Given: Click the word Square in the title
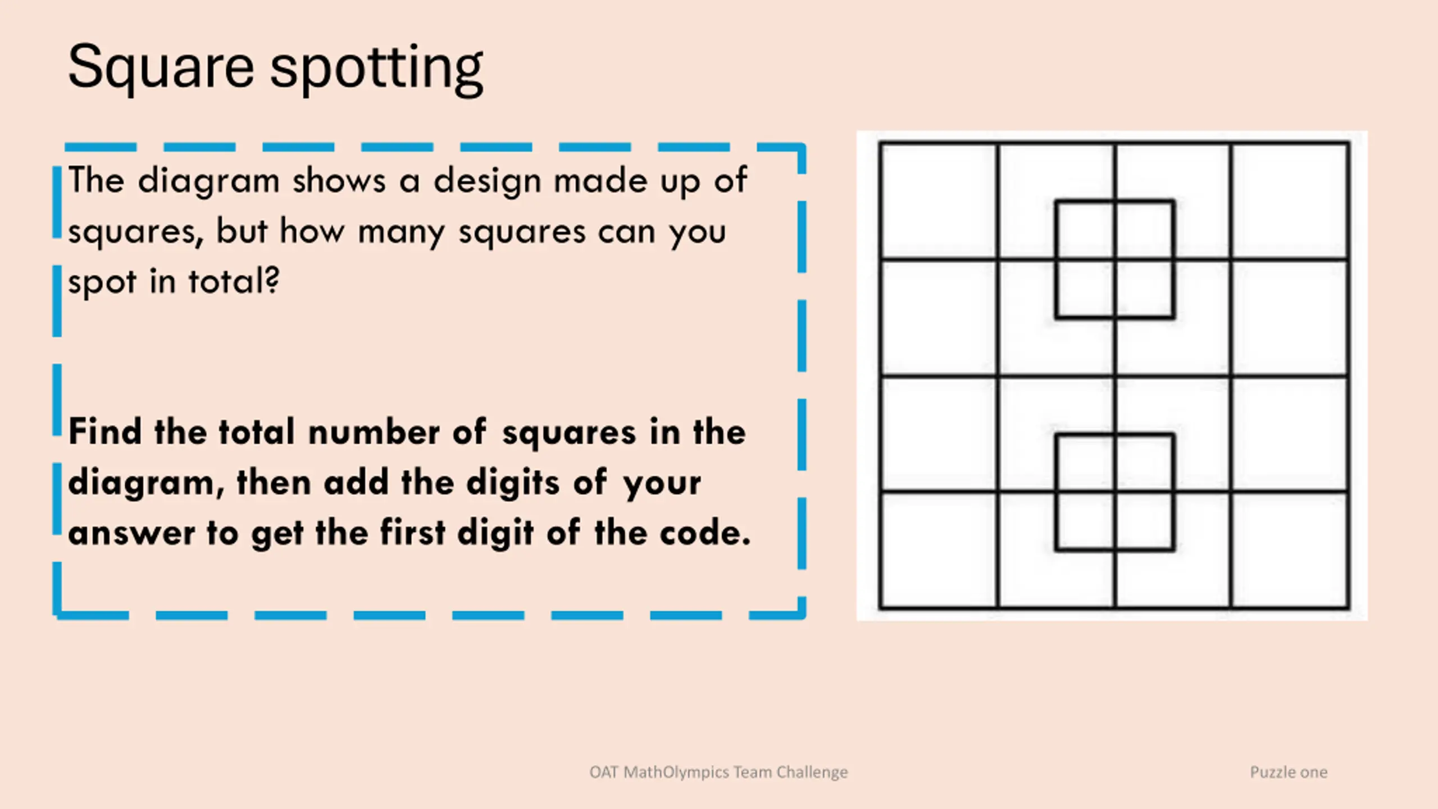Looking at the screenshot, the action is [x=161, y=68].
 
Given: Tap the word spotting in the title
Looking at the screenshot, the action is [x=376, y=69].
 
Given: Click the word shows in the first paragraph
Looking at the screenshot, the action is [x=339, y=181].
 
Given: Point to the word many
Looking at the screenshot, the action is [x=402, y=232].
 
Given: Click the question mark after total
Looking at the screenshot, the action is [x=272, y=279].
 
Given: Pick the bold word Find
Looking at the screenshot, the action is [x=105, y=431].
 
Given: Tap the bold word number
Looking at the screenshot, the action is [x=374, y=431].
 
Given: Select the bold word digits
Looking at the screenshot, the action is [x=513, y=483].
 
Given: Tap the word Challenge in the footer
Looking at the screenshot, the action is [x=812, y=772].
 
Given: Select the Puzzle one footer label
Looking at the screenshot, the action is [x=1289, y=772].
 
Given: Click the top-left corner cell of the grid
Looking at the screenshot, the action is [x=939, y=201].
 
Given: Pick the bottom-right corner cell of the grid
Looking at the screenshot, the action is [x=1289, y=550].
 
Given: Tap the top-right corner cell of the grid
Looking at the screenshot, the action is [x=1289, y=201].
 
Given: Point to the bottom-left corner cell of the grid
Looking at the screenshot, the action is [x=939, y=550].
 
